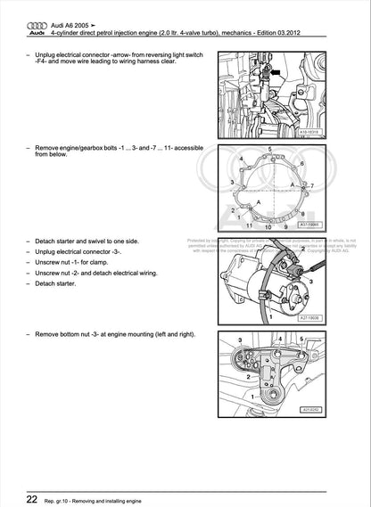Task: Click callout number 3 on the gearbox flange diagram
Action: click(232, 182)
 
